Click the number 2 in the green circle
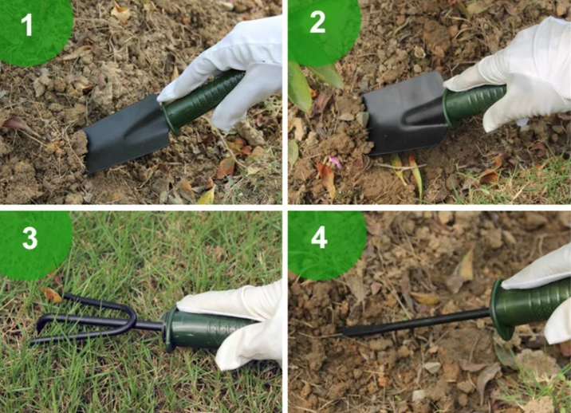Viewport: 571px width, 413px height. tap(317, 22)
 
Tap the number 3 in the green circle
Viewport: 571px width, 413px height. tap(30, 238)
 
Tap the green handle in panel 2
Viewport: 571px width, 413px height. tap(474, 103)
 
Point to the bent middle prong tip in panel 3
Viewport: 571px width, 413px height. tap(39, 324)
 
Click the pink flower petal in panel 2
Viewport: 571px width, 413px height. tap(335, 162)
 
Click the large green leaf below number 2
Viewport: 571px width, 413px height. tap(299, 87)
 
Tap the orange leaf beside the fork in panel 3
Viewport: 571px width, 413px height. tap(51, 294)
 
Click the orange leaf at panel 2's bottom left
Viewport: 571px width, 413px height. tap(326, 179)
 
